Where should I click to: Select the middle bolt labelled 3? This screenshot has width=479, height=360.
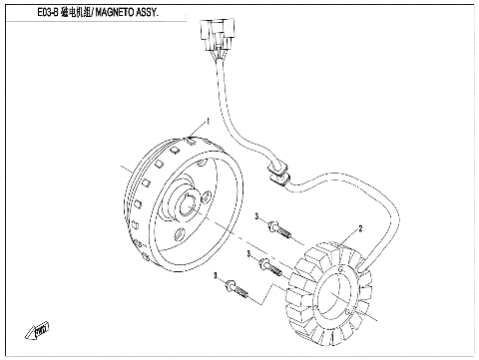pyautogui.click(x=268, y=264)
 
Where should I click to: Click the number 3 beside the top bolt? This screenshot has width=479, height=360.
pyautogui.click(x=257, y=216)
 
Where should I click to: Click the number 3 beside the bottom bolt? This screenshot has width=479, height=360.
pyautogui.click(x=216, y=287)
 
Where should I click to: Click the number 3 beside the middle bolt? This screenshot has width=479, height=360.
pyautogui.click(x=244, y=256)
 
